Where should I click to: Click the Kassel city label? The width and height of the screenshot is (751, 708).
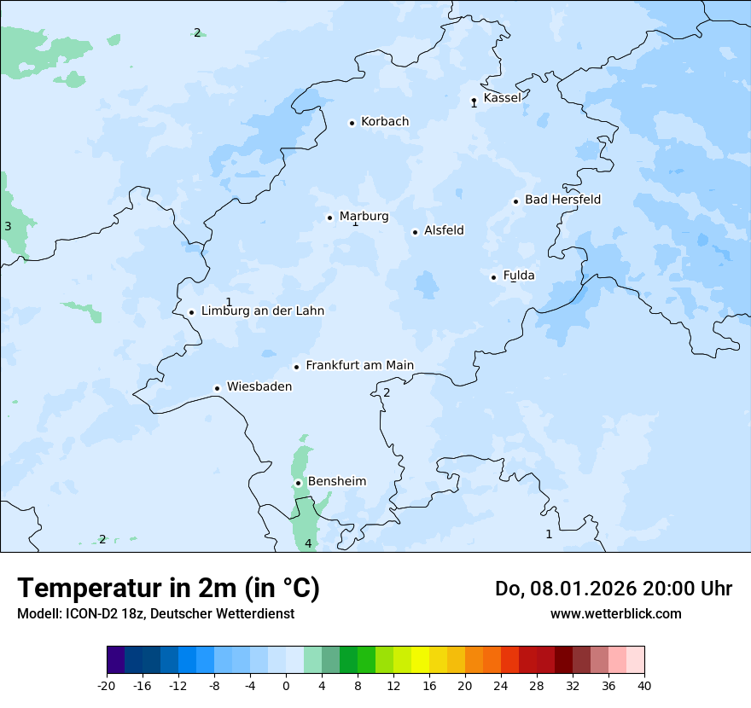click(x=502, y=98)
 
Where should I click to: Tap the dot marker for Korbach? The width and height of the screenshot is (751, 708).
click(x=352, y=123)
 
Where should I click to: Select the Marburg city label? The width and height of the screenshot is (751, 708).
click(x=364, y=217)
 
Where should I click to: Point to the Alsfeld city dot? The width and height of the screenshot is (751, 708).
click(x=415, y=232)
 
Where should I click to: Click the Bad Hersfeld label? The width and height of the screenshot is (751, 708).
click(x=562, y=200)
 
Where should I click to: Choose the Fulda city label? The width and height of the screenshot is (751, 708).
click(x=519, y=276)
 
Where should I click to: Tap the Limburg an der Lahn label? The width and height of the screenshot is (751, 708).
click(x=262, y=311)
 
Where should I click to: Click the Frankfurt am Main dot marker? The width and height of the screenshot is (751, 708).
click(x=297, y=367)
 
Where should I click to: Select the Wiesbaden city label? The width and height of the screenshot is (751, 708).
click(x=259, y=387)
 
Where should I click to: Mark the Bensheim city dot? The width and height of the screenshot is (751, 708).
click(x=298, y=483)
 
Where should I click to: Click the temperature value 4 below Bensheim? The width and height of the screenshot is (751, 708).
click(x=308, y=543)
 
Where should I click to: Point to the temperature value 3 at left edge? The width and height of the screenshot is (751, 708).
click(x=8, y=227)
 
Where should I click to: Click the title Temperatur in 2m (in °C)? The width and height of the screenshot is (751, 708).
click(x=168, y=589)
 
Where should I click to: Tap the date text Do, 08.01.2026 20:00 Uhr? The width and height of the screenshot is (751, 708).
click(x=613, y=589)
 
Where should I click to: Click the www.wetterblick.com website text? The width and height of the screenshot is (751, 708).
click(x=615, y=613)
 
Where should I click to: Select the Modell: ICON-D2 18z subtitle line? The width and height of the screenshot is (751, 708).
click(x=155, y=613)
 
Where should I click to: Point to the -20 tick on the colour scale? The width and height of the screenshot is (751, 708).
click(x=107, y=685)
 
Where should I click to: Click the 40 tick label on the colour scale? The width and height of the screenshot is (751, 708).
click(x=643, y=685)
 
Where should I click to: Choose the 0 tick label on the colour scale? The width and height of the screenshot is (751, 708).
click(x=286, y=685)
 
